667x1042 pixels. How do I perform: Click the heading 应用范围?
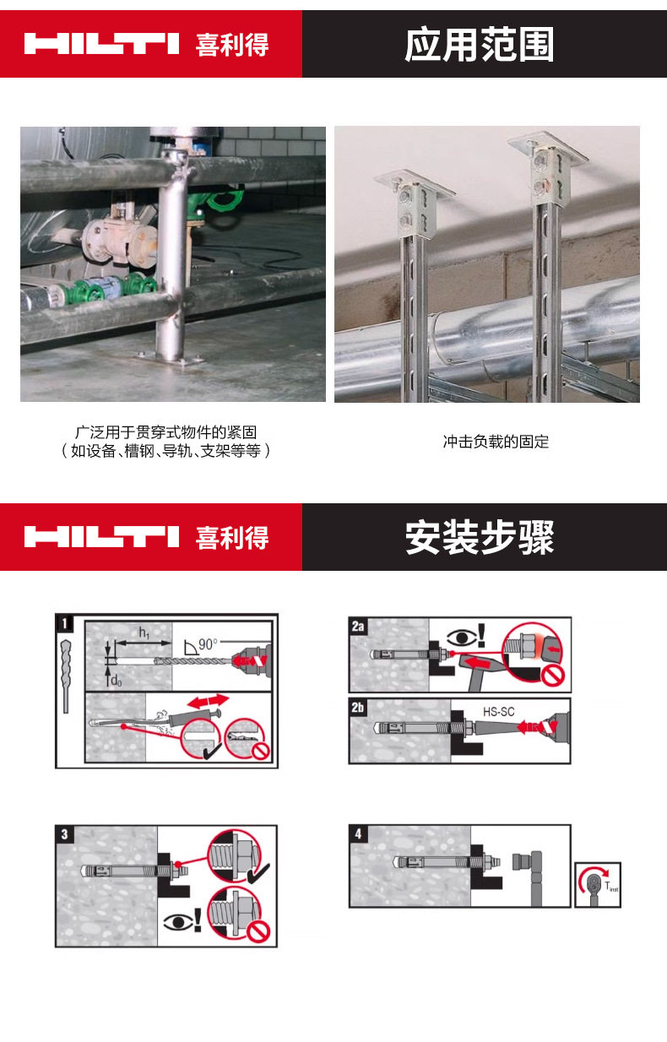point(479,45)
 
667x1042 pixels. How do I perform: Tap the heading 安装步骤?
point(479,538)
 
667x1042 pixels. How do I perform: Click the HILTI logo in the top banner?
point(101,44)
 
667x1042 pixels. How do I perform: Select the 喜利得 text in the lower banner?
point(232,538)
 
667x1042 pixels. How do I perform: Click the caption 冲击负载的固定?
point(496,442)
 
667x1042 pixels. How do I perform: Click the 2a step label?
point(358,626)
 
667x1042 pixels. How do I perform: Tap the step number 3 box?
point(64,834)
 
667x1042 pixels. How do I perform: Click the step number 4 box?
point(359,834)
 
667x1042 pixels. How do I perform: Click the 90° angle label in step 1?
point(205,643)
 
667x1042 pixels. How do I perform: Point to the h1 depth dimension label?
point(144,632)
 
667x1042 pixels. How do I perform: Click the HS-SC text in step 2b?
point(498,712)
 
